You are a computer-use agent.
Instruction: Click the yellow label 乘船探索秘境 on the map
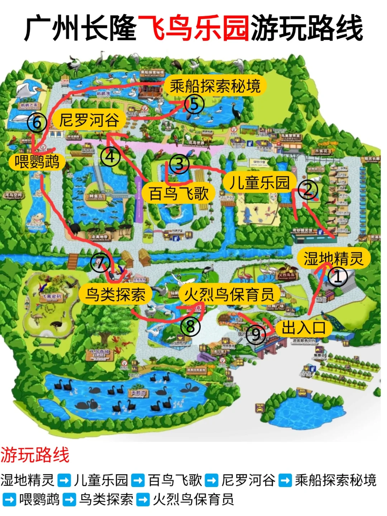[x=215, y=86]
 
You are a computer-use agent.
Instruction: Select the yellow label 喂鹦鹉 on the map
[x=37, y=162]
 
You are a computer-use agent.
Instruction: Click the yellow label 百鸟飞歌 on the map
[x=178, y=193]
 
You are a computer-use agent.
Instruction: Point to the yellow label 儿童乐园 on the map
[x=259, y=182]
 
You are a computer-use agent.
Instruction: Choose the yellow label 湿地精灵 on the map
[x=333, y=258]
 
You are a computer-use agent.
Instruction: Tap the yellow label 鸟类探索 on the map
[x=115, y=295]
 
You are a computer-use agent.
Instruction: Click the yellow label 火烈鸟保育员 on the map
[x=229, y=295]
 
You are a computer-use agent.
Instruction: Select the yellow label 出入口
[x=304, y=328]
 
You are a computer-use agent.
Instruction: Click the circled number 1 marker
[x=338, y=277]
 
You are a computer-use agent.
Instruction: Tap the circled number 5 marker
[x=194, y=104]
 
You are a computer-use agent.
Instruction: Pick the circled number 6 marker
[x=37, y=123]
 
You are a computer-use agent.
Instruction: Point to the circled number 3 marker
[x=179, y=164]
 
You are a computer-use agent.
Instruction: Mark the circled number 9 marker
[x=256, y=335]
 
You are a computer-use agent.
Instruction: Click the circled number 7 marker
[x=100, y=262]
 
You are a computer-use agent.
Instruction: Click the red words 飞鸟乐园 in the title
[x=193, y=28]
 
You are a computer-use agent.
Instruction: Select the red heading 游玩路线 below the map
[x=35, y=455]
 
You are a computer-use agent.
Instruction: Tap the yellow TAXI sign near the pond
[x=260, y=407]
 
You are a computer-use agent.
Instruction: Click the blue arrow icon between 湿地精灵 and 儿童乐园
[x=64, y=480]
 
